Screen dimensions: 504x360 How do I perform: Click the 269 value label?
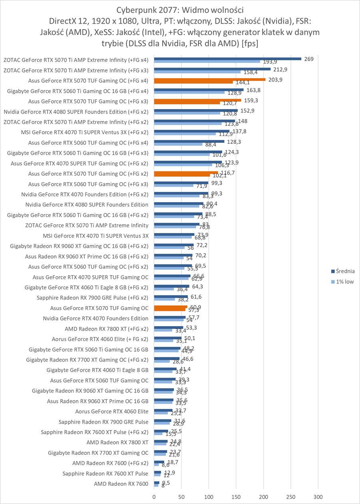308,59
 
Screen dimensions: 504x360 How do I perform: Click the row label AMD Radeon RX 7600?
121,484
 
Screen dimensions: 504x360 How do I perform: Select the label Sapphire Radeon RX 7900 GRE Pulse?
103,422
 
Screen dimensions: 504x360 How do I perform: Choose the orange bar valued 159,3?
197,100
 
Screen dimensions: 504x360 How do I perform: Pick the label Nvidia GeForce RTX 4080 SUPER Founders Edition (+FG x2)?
76,112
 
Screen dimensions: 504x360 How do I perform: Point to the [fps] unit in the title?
250,43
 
